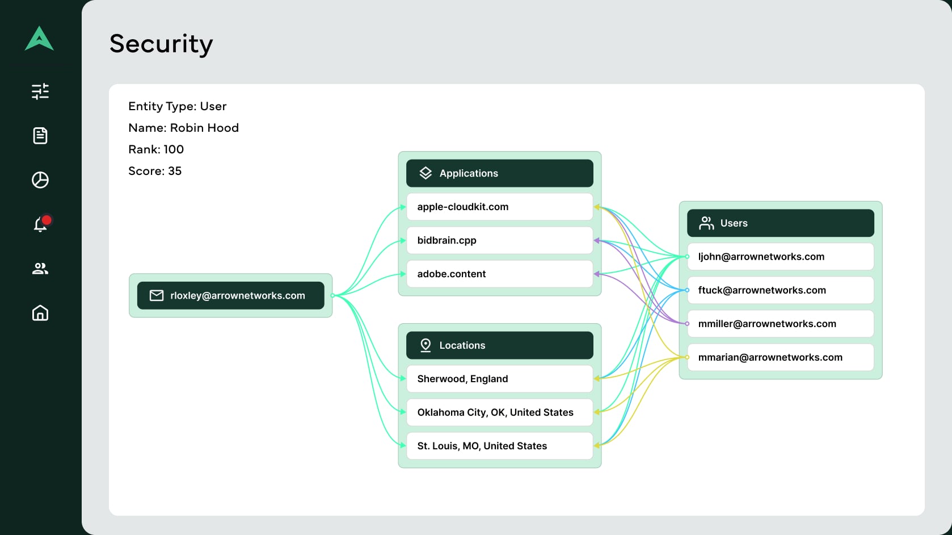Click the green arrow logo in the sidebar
click(39, 39)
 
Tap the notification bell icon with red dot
click(41, 224)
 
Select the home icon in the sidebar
click(40, 312)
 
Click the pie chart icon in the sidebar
click(40, 180)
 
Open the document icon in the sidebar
click(40, 136)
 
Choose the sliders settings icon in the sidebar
click(40, 91)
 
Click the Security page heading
click(161, 44)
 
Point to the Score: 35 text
click(155, 171)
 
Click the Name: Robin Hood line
click(183, 128)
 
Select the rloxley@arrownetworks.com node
click(231, 295)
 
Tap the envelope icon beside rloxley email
click(157, 295)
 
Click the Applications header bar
click(499, 173)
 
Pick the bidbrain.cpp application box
click(499, 240)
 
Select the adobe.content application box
click(499, 274)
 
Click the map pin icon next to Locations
click(426, 345)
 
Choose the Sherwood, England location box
click(499, 379)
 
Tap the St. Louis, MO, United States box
click(499, 446)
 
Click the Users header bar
click(780, 223)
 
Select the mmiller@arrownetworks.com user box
click(780, 324)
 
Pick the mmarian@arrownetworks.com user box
click(780, 357)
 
